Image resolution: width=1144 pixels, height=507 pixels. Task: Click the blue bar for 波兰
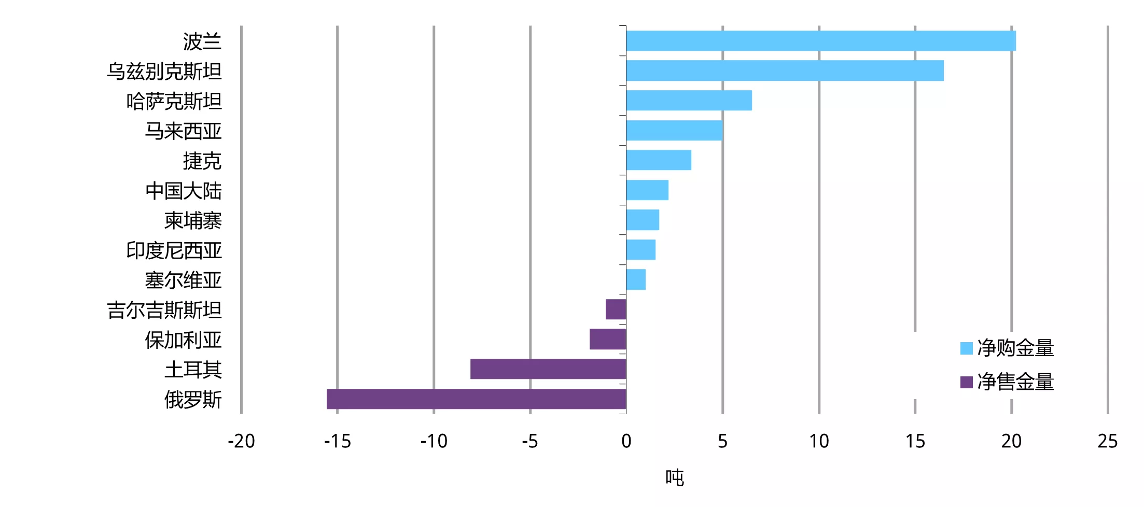point(820,41)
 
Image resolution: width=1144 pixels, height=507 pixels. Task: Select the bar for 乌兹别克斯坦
point(785,71)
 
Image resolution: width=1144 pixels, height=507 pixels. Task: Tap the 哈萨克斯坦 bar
point(689,101)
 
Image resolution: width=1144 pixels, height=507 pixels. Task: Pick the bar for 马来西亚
point(674,131)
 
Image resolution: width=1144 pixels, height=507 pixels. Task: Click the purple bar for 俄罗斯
point(476,399)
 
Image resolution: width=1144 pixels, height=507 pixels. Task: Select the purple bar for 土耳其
point(548,369)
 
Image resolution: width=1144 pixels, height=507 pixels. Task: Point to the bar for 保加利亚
point(608,340)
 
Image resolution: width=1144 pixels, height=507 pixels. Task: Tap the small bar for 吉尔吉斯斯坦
point(616,309)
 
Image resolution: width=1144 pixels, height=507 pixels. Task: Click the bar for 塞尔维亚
point(636,280)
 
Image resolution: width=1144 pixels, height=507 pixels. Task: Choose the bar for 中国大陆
point(647,190)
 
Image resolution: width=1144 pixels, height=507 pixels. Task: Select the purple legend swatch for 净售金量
point(966,382)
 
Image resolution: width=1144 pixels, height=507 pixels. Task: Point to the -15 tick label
point(337,441)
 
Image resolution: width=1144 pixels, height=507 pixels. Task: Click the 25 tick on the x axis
point(1107,441)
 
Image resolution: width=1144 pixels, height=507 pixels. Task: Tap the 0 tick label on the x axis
point(626,441)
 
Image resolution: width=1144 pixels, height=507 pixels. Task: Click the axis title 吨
point(675,477)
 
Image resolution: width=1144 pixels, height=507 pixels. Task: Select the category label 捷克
point(202,161)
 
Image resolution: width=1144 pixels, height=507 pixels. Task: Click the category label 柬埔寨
point(193,220)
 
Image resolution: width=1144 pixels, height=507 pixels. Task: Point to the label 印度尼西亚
point(174,250)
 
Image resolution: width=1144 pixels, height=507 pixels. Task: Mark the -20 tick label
point(241,441)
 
